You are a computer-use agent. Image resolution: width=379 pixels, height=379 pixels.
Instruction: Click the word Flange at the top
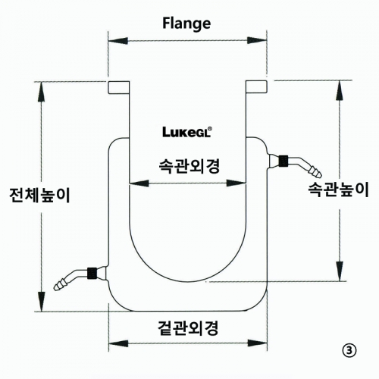pos(186,23)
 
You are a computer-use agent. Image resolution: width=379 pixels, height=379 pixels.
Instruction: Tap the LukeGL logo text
pos(186,133)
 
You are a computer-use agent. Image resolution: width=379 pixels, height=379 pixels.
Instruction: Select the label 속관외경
pos(189,166)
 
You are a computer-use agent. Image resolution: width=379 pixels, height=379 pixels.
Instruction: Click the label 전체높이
pos(39,195)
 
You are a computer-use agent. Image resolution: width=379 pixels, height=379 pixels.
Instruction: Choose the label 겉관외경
pos(188,328)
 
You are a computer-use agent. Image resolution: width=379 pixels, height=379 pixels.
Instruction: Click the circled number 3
pos(349,350)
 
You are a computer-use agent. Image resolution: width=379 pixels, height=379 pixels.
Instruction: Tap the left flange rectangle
pos(119,87)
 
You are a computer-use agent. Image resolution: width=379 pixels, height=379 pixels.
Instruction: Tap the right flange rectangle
pos(256,87)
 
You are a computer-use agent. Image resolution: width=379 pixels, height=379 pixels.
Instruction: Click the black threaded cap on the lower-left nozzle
pos(91,273)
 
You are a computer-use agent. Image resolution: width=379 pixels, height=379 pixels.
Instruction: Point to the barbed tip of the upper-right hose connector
pos(315,172)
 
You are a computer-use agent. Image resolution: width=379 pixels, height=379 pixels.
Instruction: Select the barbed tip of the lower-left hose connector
pos(61,285)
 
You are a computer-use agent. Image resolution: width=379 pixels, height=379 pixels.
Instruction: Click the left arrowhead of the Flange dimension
pos(117,40)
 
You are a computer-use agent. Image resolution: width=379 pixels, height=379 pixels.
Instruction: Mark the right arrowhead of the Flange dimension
pos(257,40)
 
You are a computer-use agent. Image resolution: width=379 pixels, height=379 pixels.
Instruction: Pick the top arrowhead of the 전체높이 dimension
pos(42,92)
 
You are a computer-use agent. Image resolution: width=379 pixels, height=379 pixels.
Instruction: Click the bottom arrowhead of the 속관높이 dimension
pos(340,271)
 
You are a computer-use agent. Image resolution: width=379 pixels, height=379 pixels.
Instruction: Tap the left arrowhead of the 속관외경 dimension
pos(139,183)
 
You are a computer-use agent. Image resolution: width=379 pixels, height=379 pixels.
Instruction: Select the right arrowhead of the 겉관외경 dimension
pos(257,343)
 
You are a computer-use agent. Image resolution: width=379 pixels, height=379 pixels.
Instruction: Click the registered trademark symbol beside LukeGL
pos(211,129)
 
